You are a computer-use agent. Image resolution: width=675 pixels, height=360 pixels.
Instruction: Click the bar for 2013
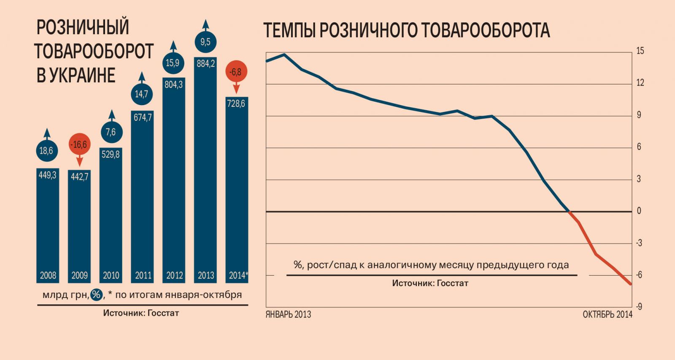(205, 169)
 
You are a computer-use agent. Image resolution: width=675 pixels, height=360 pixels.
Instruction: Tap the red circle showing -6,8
(236, 72)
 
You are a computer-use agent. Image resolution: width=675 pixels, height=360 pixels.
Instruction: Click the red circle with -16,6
(79, 145)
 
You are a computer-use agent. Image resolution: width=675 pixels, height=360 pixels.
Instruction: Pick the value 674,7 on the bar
(143, 118)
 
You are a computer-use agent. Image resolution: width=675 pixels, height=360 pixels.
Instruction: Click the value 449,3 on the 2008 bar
(47, 175)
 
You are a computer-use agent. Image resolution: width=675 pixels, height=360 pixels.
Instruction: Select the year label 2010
(111, 276)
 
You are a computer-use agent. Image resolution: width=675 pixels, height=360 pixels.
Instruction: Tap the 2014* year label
(238, 276)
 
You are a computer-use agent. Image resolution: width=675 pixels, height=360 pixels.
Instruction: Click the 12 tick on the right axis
(640, 83)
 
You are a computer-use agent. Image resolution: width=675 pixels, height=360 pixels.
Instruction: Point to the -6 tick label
(639, 275)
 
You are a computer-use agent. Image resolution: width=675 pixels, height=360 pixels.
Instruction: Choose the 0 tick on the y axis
(639, 211)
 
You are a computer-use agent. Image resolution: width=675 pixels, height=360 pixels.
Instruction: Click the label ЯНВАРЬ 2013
(288, 314)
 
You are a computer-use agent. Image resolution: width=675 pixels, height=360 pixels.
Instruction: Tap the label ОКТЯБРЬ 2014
(607, 314)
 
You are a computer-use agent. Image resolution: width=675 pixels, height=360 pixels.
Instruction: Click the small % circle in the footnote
(97, 294)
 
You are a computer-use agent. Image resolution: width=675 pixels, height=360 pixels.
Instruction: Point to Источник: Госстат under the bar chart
(141, 313)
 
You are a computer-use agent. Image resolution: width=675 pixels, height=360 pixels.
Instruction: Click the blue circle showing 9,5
(205, 42)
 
